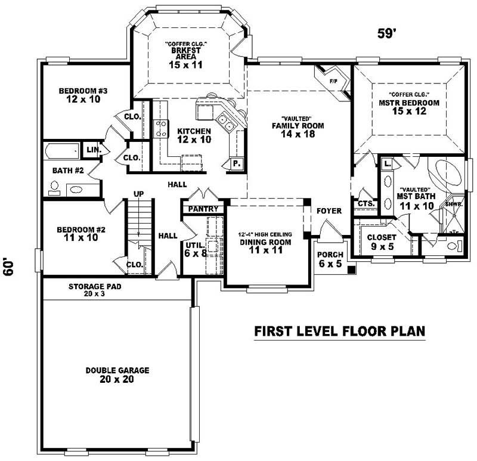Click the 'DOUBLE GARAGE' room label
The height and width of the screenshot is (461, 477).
[117, 370]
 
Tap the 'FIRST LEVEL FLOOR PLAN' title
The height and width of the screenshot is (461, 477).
[339, 331]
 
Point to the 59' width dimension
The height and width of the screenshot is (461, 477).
[387, 33]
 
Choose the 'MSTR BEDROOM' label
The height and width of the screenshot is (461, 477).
[408, 103]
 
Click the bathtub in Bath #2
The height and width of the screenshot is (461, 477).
[61, 151]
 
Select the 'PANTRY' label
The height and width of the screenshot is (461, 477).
[203, 209]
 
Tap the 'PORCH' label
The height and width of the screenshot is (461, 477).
[330, 255]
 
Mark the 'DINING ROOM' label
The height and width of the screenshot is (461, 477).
[265, 242]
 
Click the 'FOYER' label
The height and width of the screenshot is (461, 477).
[329, 211]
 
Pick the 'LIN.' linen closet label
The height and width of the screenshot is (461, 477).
[93, 149]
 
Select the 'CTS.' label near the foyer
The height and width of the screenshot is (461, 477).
[366, 203]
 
